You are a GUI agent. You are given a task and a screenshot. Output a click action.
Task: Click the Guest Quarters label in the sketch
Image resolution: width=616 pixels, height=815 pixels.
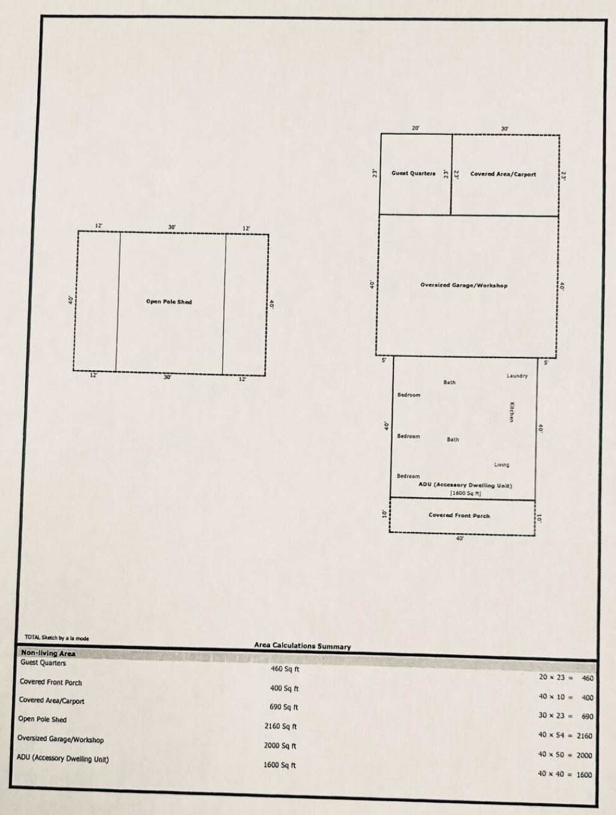413,173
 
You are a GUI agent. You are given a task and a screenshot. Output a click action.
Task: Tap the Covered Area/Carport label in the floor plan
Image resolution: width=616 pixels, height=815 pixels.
503,174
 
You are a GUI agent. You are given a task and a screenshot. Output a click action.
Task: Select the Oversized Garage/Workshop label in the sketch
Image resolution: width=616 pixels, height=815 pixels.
464,285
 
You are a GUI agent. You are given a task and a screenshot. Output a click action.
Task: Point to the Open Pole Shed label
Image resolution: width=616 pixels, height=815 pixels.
169,302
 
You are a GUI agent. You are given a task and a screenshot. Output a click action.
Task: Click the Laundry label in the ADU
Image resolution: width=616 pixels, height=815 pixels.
517,376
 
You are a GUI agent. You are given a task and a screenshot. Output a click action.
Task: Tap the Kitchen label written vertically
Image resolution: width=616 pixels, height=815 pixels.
512,412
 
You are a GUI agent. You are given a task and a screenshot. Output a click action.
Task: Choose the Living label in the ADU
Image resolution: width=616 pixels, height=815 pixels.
502,465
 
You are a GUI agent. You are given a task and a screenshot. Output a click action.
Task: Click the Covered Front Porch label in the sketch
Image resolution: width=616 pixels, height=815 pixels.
459,515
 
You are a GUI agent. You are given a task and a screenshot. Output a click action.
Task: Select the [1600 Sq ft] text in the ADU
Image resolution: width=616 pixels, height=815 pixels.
466,494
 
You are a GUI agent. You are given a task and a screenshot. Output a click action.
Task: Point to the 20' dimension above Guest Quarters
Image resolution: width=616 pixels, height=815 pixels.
416,128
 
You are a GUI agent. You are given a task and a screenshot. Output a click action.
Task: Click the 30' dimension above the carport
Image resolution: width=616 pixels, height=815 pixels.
505,129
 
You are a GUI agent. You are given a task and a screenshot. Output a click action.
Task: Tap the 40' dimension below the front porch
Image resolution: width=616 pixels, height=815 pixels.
460,539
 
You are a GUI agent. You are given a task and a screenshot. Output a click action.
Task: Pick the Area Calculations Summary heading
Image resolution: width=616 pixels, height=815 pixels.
302,646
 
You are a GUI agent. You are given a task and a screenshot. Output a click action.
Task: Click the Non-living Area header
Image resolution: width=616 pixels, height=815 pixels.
48,653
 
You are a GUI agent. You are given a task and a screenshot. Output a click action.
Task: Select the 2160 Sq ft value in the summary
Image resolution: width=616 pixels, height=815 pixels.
280,727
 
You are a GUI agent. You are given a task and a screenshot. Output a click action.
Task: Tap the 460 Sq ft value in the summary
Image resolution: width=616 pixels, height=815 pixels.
285,669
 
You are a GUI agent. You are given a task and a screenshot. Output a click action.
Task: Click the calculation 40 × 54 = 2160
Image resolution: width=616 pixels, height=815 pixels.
565,736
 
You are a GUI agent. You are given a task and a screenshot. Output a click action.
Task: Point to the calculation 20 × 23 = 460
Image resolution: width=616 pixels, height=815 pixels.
565,678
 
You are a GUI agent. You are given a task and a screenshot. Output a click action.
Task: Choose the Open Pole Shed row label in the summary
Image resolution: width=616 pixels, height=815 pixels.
42,719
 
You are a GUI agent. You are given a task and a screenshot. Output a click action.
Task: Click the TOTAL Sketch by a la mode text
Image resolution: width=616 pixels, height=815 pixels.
57,637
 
